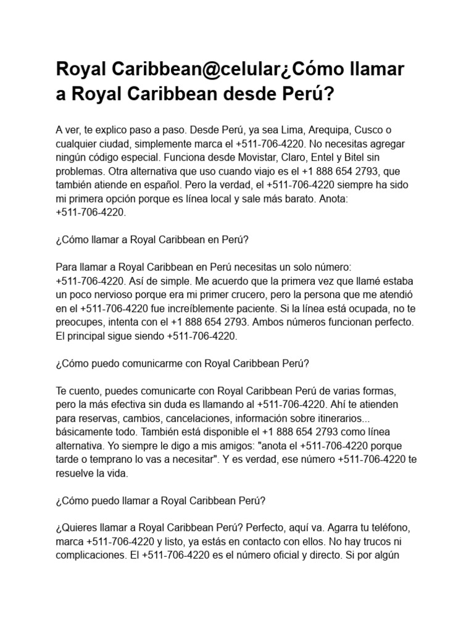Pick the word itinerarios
(366, 418)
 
